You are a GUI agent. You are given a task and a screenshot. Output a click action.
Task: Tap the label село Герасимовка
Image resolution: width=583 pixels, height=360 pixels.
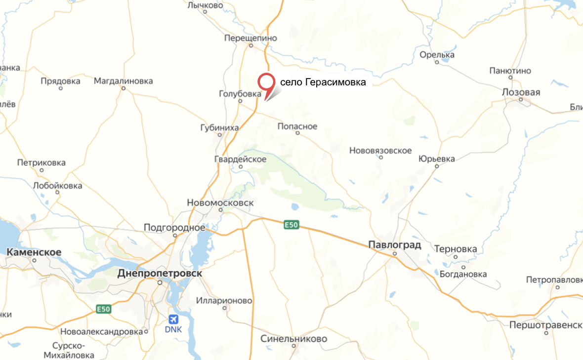click(323, 82)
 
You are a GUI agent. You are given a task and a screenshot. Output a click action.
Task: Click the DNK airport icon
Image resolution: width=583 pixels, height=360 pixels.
click(173, 320)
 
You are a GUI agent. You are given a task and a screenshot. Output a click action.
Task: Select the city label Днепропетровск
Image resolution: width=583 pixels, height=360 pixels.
click(160, 273)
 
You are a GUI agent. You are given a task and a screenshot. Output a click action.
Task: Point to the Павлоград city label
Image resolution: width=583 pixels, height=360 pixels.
click(395, 245)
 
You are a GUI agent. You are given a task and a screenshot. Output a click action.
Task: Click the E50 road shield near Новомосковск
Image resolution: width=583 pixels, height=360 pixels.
click(291, 225)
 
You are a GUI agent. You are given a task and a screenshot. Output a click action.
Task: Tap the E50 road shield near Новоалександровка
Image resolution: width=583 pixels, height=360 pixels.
click(103, 309)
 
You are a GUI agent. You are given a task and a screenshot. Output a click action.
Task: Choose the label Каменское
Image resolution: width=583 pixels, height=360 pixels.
click(34, 252)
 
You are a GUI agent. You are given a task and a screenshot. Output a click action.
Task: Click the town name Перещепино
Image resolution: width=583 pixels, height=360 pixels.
click(250, 38)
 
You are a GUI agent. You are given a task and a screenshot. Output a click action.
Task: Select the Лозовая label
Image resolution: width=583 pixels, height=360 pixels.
click(521, 92)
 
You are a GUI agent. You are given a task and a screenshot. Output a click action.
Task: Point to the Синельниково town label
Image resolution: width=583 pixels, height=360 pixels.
click(294, 339)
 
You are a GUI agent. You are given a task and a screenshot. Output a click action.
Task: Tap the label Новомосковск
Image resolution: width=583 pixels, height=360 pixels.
click(220, 202)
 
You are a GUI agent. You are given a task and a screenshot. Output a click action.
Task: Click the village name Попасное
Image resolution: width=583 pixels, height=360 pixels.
click(297, 126)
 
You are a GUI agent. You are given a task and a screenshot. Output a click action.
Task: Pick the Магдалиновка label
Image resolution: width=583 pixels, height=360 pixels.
click(124, 81)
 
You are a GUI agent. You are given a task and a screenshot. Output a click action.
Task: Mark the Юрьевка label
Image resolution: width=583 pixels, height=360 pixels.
click(436, 159)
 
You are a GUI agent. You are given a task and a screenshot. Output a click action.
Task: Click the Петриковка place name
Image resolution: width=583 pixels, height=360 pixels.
click(41, 162)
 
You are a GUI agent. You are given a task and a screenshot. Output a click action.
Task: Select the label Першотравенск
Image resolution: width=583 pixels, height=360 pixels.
click(546, 325)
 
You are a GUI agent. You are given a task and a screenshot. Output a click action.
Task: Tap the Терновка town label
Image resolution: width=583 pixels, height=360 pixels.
click(456, 249)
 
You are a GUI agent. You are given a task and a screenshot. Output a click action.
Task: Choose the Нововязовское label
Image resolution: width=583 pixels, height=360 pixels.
click(380, 151)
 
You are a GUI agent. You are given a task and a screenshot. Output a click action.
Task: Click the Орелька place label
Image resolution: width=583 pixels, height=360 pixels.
click(437, 55)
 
